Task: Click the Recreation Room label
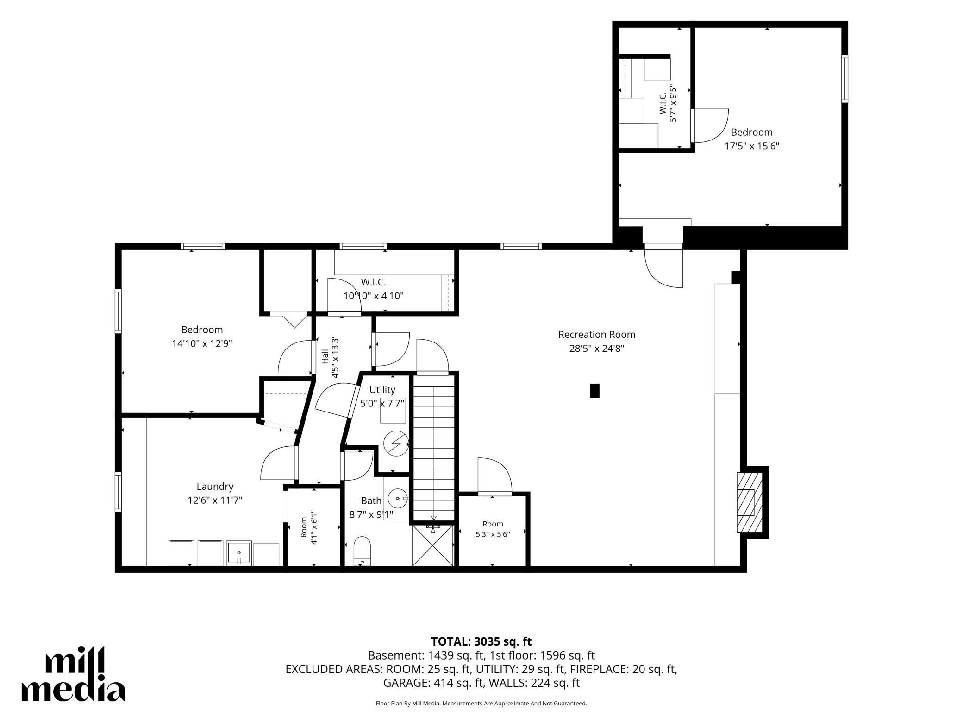pos(596,334)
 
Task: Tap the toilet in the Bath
pos(362,551)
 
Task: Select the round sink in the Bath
pos(397,499)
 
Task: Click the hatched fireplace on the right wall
pos(750,502)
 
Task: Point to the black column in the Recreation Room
pos(595,391)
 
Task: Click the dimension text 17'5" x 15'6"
pos(752,146)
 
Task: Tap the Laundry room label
pos(215,487)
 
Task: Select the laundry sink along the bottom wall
pos(239,553)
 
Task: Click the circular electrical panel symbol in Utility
pos(396,444)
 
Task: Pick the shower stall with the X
pos(433,545)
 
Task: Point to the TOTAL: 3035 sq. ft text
pos(481,641)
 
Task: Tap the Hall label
pos(325,356)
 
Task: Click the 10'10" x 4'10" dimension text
pos(374,296)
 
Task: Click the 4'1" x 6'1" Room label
pos(309,527)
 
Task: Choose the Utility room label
pos(382,390)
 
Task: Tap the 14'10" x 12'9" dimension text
pos(202,343)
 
